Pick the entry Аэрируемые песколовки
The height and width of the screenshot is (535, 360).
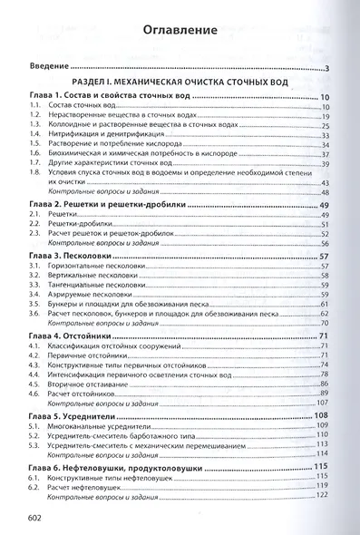point(91,295)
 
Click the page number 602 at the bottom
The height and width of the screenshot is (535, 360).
point(38,518)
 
